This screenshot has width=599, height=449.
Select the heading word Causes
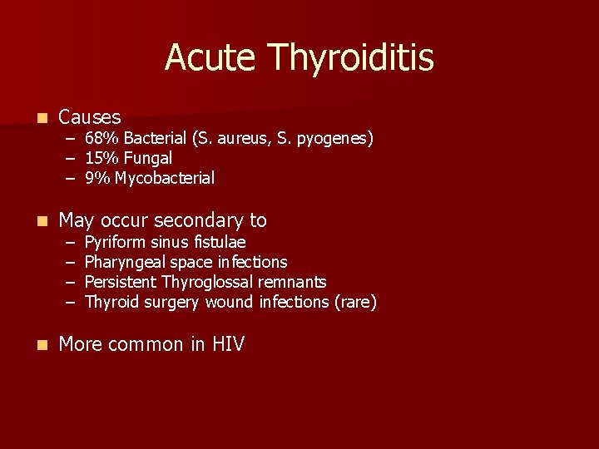[x=90, y=117]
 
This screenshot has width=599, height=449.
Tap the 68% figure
[x=100, y=138]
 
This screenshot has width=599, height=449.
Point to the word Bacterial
[x=150, y=138]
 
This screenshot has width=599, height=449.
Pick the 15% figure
[x=100, y=158]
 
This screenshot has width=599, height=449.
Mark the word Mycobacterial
[x=165, y=178]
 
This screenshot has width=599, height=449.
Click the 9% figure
[x=97, y=178]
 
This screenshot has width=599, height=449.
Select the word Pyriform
[x=115, y=243]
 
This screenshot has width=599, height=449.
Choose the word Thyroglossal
[x=212, y=283]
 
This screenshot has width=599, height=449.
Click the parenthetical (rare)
[x=355, y=302]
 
